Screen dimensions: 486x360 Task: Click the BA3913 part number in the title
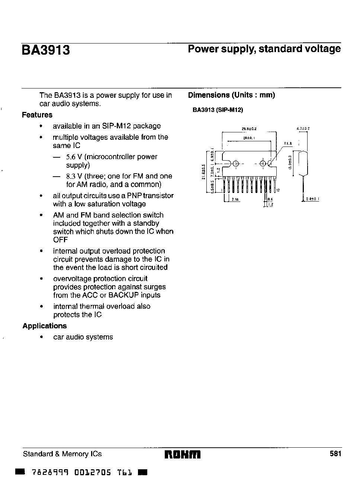[x=46, y=50]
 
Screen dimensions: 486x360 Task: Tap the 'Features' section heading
[x=37, y=115]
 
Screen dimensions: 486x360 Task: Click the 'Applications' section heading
[x=45, y=326]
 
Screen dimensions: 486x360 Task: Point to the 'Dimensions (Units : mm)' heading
[x=231, y=95]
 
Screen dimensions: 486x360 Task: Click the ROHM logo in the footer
[x=182, y=454]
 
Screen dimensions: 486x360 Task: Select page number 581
[x=335, y=454]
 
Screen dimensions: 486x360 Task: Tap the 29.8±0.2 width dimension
[x=249, y=129]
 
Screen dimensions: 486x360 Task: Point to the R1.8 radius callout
[x=288, y=143]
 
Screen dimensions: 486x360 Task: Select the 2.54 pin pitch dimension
[x=235, y=199]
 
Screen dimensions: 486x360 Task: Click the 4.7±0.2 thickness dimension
[x=303, y=129]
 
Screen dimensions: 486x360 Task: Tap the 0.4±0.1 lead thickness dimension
[x=312, y=199]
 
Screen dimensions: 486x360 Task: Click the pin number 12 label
[x=277, y=190]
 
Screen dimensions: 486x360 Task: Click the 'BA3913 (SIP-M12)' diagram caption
[x=218, y=110]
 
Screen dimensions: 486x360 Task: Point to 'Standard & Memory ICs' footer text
[x=62, y=454]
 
